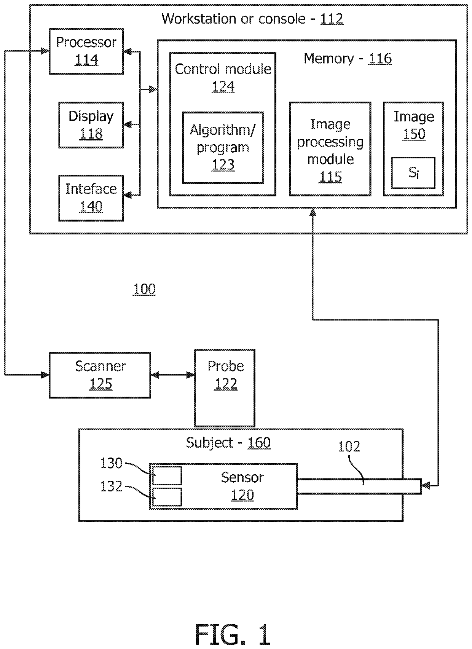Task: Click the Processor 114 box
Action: [86, 51]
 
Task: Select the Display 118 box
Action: [91, 125]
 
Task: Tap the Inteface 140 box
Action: [91, 198]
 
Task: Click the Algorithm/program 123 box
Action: [223, 147]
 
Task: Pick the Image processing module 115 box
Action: [330, 149]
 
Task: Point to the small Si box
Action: [413, 173]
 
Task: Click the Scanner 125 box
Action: [100, 375]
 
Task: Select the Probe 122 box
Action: [225, 388]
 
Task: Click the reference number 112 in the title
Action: [332, 19]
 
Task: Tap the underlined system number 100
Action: [144, 289]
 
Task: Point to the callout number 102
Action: [349, 446]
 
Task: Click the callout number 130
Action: [111, 463]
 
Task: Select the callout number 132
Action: [111, 486]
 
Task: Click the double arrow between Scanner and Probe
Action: [173, 375]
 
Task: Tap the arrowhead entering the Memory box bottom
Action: [313, 212]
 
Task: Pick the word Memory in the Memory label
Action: [329, 59]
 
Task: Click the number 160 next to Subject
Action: [259, 443]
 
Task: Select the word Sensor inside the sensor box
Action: [242, 477]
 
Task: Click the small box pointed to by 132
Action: [167, 497]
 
